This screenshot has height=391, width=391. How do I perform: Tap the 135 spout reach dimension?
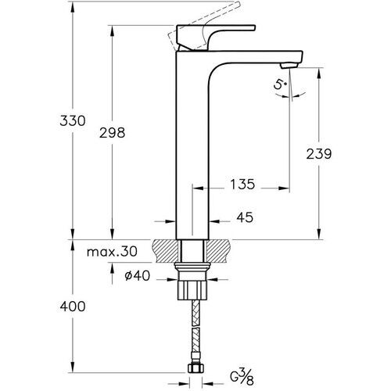click(242, 186)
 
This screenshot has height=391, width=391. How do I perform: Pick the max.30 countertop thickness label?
click(112, 251)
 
